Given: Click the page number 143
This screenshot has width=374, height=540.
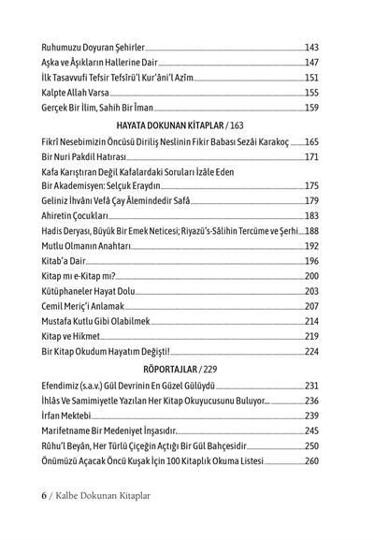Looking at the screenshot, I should pos(311,46).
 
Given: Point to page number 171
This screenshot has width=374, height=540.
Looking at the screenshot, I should pos(311,156).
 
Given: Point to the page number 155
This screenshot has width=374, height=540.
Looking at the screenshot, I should pos(311,93).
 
